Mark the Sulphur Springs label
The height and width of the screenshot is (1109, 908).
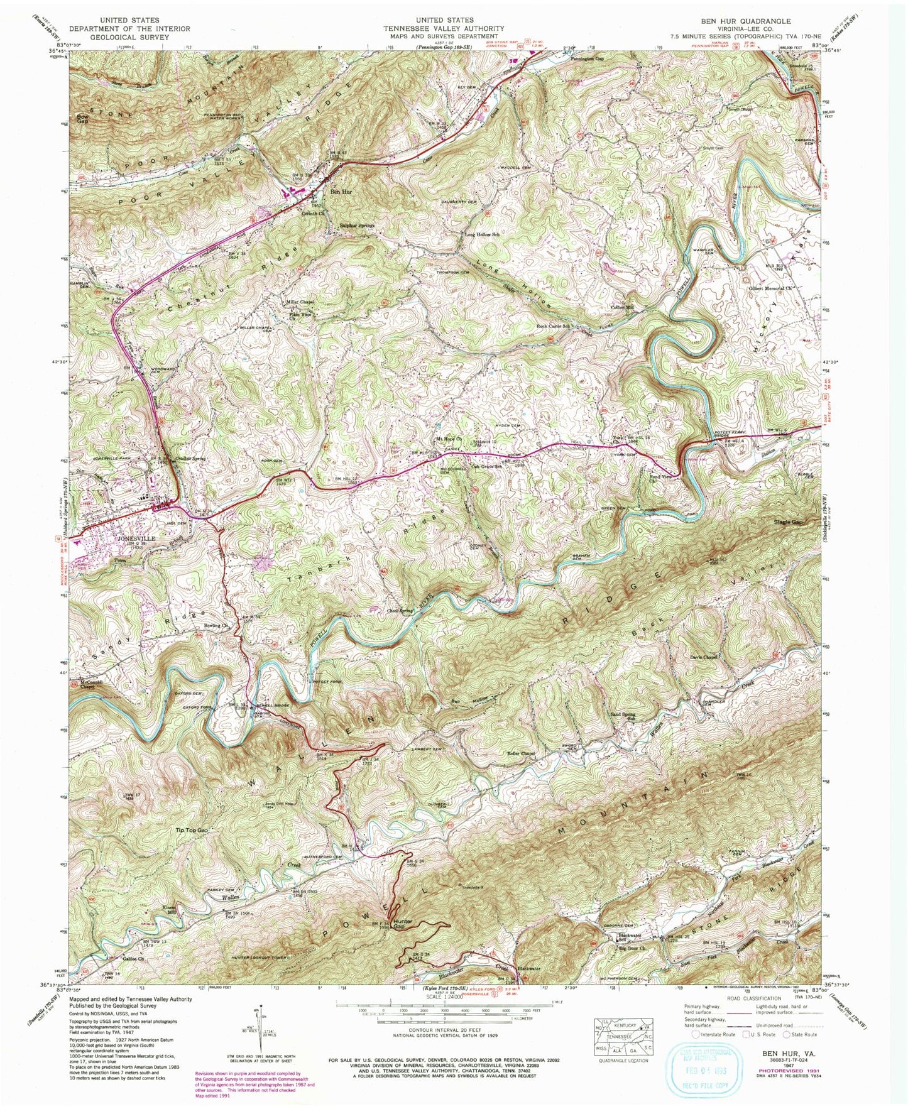tap(357, 225)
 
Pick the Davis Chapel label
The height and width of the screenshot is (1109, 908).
tap(704, 657)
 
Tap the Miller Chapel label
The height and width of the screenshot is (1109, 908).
tap(300, 302)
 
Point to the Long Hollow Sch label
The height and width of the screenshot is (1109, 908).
tap(482, 234)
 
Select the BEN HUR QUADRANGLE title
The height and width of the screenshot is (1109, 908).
tap(746, 21)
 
